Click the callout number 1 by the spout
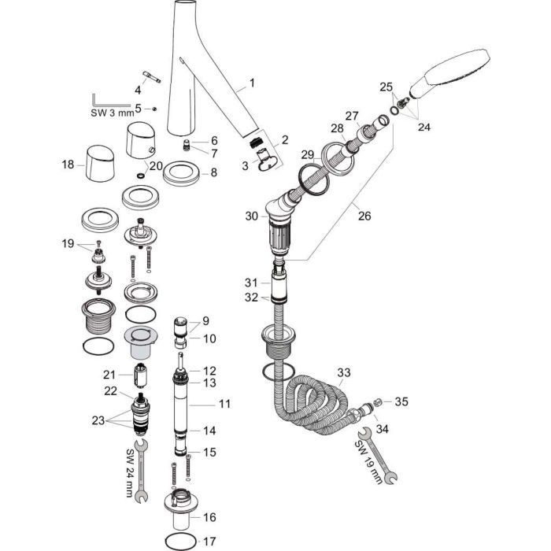(x=252, y=82)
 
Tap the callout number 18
(x=68, y=165)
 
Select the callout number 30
(x=251, y=215)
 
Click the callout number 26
(x=364, y=213)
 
